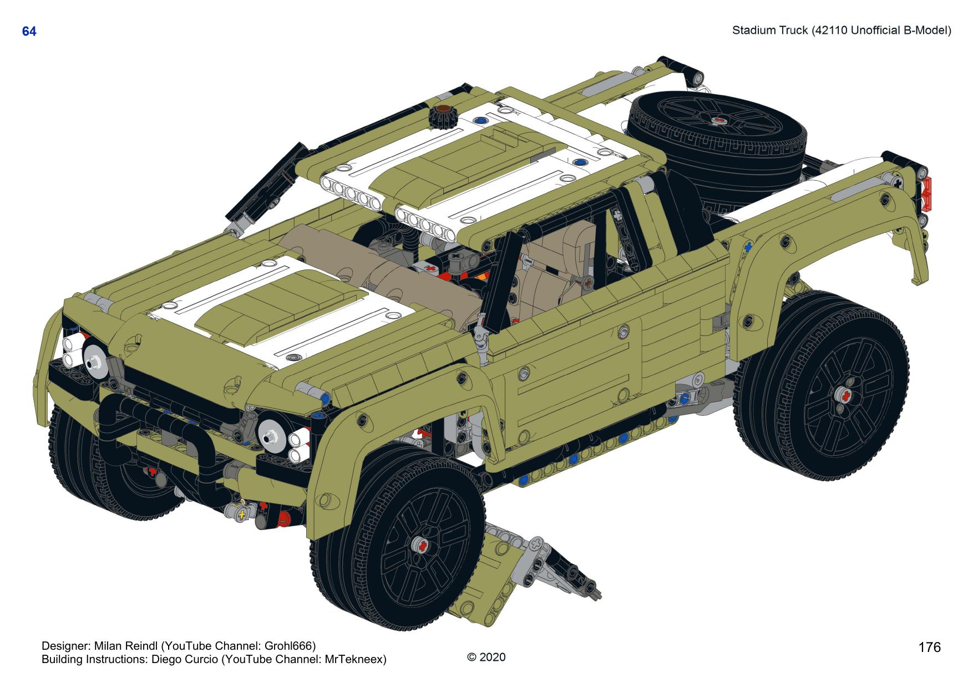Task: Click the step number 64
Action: pyautogui.click(x=29, y=32)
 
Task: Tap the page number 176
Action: pyautogui.click(x=929, y=648)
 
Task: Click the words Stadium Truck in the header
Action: pyautogui.click(x=769, y=30)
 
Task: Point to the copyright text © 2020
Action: pyautogui.click(x=486, y=657)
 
